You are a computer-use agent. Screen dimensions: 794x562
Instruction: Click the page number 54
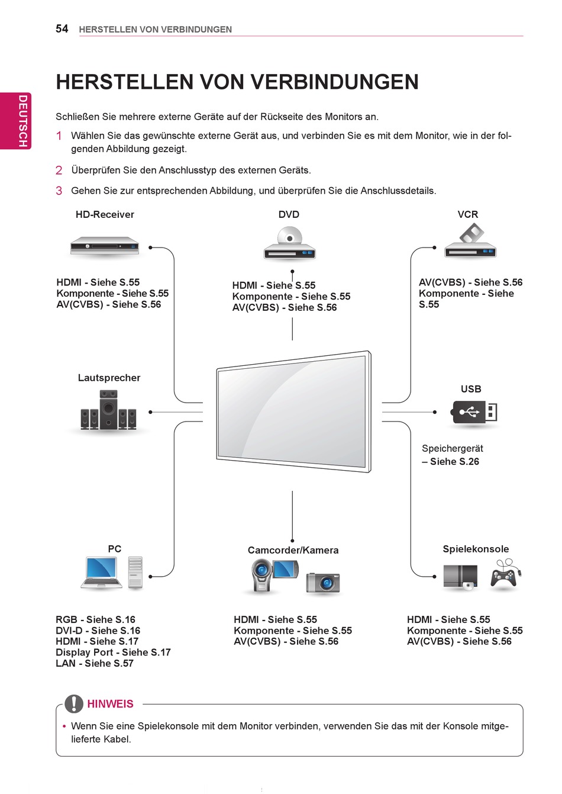pyautogui.click(x=62, y=28)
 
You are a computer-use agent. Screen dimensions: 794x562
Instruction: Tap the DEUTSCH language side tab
pyautogui.click(x=22, y=121)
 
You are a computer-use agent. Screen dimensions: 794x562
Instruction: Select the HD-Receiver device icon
pyautogui.click(x=105, y=246)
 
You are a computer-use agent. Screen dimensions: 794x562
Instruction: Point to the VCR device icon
pyautogui.click(x=470, y=243)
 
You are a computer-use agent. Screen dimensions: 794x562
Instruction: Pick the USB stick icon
pyautogui.click(x=474, y=412)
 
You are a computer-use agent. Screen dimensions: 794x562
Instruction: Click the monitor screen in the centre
pyautogui.click(x=292, y=411)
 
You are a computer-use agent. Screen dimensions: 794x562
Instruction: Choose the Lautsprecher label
pyautogui.click(x=109, y=378)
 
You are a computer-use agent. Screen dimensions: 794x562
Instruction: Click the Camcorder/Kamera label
pyautogui.click(x=293, y=550)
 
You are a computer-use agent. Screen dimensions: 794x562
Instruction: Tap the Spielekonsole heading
pyautogui.click(x=476, y=549)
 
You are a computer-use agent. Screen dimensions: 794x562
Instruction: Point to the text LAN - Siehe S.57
pyautogui.click(x=95, y=663)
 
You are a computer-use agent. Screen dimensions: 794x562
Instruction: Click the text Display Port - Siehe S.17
pyautogui.click(x=113, y=652)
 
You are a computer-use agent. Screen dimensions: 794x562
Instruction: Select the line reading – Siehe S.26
pyautogui.click(x=450, y=461)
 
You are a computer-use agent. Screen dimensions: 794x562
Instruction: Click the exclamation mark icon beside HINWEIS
pyautogui.click(x=73, y=703)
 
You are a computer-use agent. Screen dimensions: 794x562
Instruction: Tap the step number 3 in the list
pyautogui.click(x=59, y=191)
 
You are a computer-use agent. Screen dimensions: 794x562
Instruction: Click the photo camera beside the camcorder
pyautogui.click(x=323, y=583)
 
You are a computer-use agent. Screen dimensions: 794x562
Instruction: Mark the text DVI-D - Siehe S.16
pyautogui.click(x=98, y=631)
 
